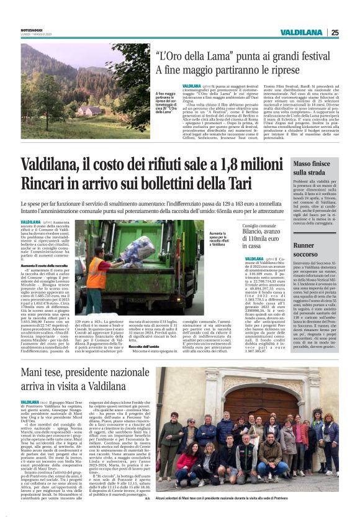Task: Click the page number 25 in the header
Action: point(335,32)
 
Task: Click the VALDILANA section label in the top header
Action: point(300,32)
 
